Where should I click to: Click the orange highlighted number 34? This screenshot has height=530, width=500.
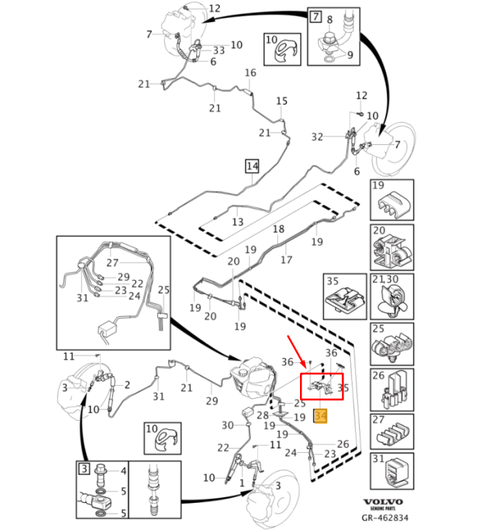tap(321, 414)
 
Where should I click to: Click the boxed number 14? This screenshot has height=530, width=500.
tap(251, 166)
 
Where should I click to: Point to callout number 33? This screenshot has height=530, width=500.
tap(218, 50)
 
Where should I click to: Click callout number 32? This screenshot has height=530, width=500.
tap(317, 136)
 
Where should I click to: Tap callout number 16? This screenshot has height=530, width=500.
tap(250, 73)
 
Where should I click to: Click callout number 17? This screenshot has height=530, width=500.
tap(286, 260)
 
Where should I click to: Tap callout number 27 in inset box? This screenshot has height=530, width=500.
tap(111, 262)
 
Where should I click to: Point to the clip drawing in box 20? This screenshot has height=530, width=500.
tap(390, 247)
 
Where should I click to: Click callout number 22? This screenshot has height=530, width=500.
tap(223, 447)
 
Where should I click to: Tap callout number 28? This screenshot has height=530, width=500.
tap(262, 415)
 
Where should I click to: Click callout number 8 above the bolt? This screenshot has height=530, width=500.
tap(330, 21)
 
